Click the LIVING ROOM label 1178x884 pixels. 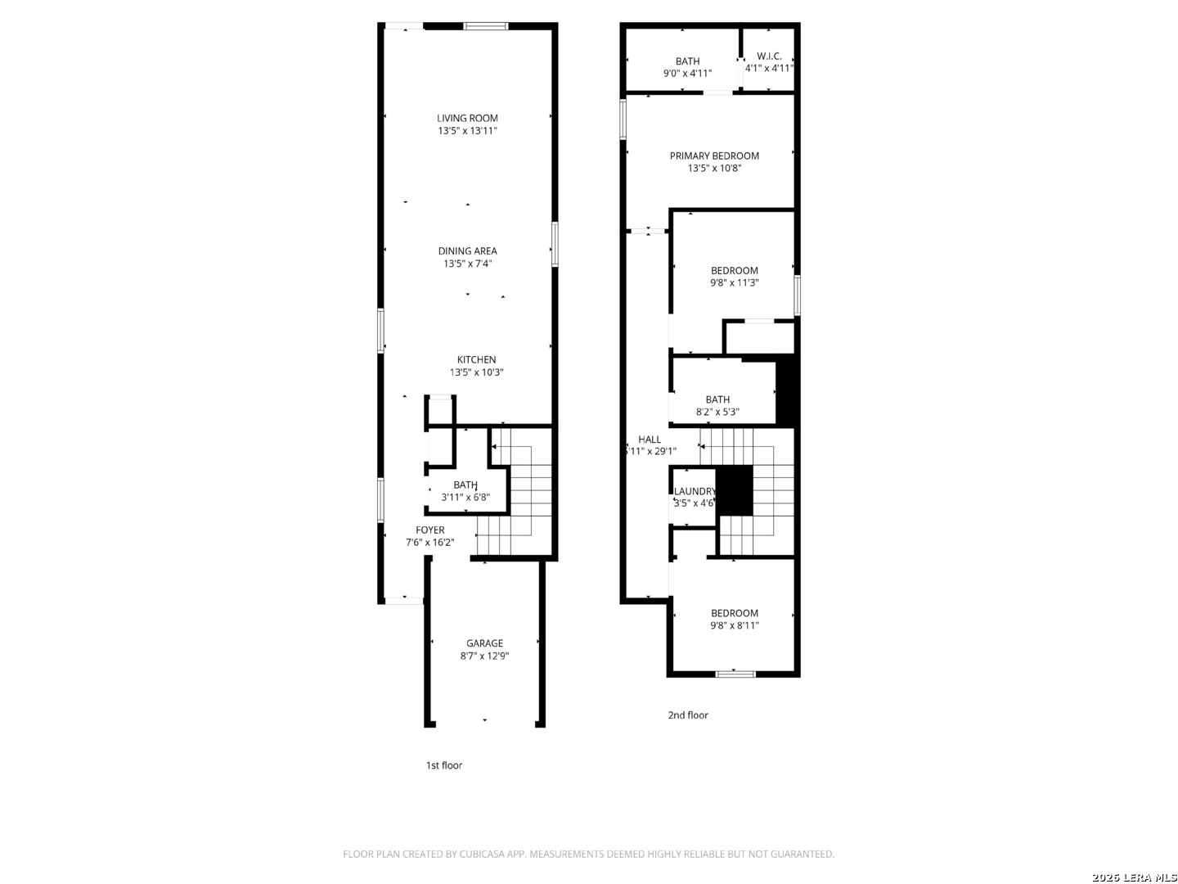(x=467, y=118)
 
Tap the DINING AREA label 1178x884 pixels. (x=467, y=250)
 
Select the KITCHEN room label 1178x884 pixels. (x=476, y=359)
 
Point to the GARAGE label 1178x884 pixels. (x=484, y=643)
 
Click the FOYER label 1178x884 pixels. (x=429, y=530)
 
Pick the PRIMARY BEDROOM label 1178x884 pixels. (x=714, y=156)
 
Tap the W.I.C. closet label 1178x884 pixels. (x=768, y=56)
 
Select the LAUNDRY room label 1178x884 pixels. (x=695, y=491)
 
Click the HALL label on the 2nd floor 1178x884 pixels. (x=650, y=439)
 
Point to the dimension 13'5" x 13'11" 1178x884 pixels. (x=467, y=130)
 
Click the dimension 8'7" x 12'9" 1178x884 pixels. (x=484, y=656)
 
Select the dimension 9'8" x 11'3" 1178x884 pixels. (x=734, y=282)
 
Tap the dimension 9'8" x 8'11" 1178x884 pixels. (x=734, y=625)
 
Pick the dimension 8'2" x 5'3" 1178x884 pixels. (x=717, y=412)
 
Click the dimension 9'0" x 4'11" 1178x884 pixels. (x=687, y=73)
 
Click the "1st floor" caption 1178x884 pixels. (x=444, y=765)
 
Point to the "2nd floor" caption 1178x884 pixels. (x=687, y=715)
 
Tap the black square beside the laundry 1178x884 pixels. (x=735, y=490)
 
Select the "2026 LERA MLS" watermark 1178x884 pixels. (x=1134, y=877)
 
